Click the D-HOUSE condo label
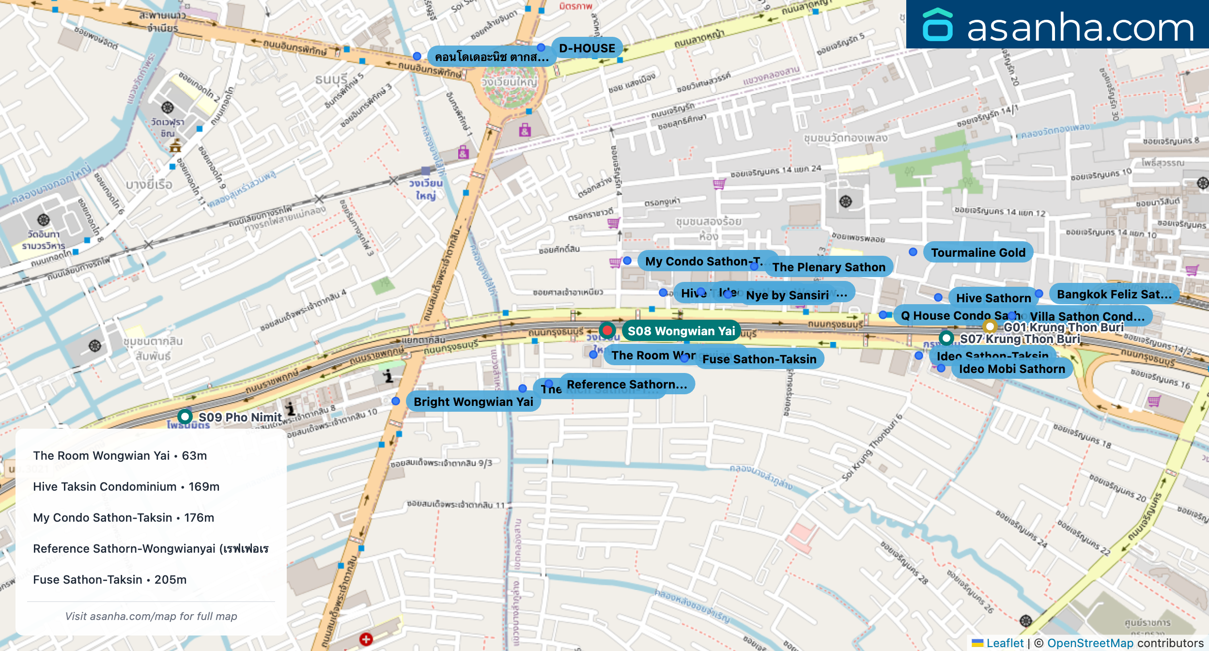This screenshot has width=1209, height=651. tap(587, 48)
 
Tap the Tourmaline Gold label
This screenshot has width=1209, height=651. tap(978, 252)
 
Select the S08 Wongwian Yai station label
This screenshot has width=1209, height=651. tap(681, 331)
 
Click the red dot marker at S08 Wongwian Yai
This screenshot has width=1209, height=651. tap(607, 330)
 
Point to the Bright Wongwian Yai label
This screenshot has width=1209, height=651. tap(473, 402)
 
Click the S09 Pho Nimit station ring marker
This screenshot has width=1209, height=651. tap(185, 416)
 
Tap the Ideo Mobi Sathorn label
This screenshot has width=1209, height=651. tap(1012, 369)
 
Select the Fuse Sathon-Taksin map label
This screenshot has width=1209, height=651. tap(759, 359)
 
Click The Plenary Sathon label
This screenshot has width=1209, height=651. tap(828, 267)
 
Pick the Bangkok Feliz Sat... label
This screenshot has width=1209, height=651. tap(1114, 294)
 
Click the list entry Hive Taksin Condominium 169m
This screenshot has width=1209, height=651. tap(126, 486)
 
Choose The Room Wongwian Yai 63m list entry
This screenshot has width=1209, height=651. tap(120, 455)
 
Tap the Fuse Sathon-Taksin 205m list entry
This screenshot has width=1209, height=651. tap(109, 579)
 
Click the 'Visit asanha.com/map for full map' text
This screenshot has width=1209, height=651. tap(151, 616)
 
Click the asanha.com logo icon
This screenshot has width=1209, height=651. tap(937, 25)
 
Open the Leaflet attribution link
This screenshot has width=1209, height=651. tap(1005, 643)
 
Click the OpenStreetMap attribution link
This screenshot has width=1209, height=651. tap(1090, 643)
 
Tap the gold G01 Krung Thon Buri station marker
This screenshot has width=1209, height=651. tap(990, 326)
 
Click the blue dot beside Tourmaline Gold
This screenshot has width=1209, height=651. tap(913, 252)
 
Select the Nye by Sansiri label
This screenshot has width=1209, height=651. tap(787, 295)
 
